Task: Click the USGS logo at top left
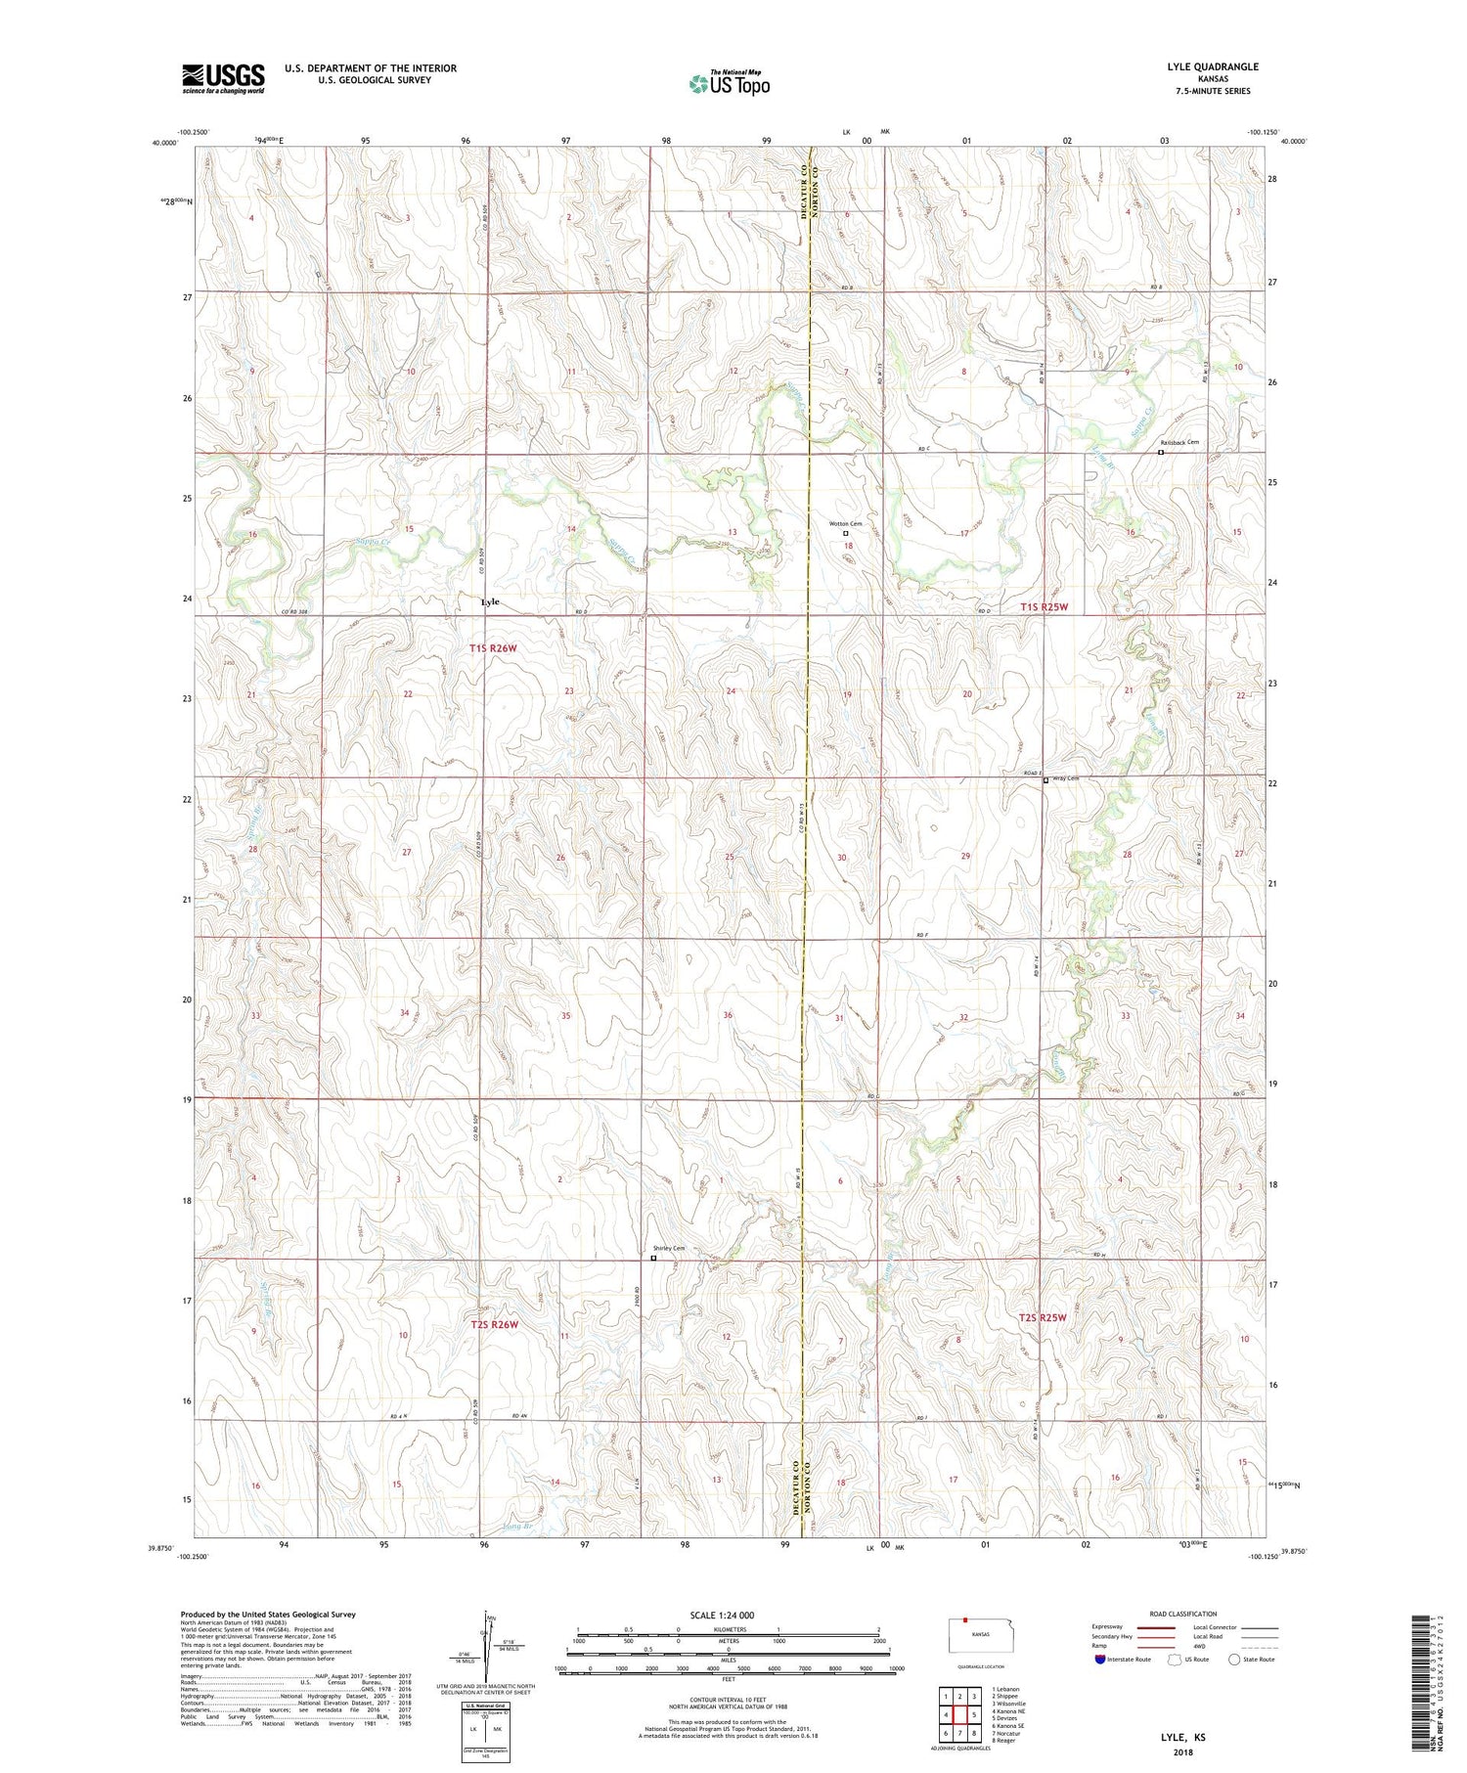point(223,78)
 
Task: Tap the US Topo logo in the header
point(730,84)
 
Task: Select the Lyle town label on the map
point(490,601)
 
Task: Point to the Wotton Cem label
point(846,524)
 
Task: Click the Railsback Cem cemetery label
point(1179,442)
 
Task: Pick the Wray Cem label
point(1064,778)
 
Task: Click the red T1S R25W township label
point(1045,607)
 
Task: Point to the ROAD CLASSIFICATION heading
point(1183,1614)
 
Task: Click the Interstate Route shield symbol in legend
point(1100,1660)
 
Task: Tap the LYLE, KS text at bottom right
point(1182,1738)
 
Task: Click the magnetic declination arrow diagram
point(487,1643)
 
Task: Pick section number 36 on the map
point(728,1015)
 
